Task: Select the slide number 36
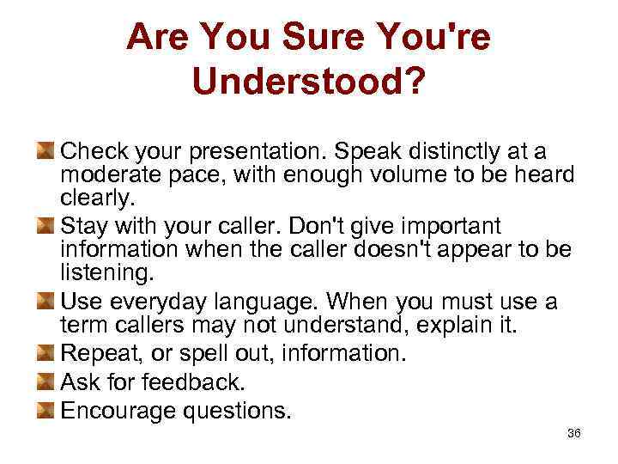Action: [574, 433]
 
